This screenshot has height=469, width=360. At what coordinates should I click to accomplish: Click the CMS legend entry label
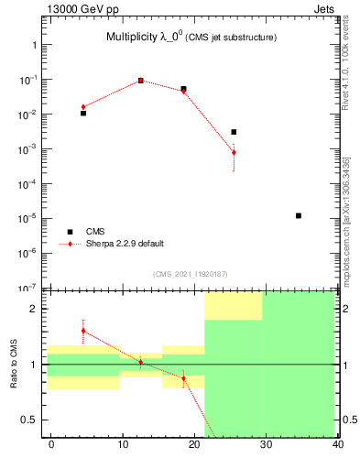click(95, 232)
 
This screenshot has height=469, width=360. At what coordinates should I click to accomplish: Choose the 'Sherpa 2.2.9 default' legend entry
click(125, 244)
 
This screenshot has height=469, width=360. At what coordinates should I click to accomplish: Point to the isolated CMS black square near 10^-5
click(299, 215)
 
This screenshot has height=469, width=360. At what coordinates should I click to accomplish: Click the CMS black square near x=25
click(234, 132)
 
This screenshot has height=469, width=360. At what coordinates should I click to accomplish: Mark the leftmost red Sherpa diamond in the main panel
click(83, 107)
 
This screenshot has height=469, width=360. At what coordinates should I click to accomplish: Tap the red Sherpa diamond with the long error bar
click(234, 152)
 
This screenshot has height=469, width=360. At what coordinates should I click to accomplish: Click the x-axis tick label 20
click(194, 444)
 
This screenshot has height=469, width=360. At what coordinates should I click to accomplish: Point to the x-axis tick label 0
click(51, 444)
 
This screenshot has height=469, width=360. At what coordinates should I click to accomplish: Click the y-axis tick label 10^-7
click(29, 287)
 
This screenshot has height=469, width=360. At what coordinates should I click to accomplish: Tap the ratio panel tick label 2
click(34, 309)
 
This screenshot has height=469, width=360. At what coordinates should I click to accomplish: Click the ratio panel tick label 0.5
click(29, 420)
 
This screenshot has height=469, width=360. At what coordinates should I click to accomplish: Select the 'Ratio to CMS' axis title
click(15, 365)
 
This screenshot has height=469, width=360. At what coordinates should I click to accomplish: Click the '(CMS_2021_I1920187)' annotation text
click(191, 273)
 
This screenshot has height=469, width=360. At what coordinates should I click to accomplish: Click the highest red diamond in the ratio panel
click(83, 331)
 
